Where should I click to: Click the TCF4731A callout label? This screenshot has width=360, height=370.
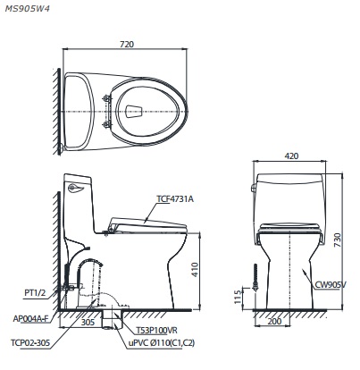click(x=175, y=198)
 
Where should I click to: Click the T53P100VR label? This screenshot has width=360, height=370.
click(x=155, y=328)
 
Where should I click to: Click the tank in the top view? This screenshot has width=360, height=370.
click(x=83, y=110)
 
